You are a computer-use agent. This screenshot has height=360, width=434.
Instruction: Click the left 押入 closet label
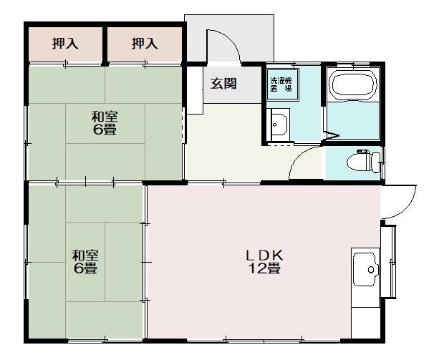(65, 44)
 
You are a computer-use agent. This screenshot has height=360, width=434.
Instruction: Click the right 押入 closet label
(144, 44)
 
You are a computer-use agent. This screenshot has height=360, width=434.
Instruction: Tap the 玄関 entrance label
(223, 83)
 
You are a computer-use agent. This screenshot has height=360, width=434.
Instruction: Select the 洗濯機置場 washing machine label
(281, 84)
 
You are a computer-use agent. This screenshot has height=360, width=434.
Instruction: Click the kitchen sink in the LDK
(365, 270)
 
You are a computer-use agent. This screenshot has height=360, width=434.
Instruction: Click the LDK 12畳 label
(264, 262)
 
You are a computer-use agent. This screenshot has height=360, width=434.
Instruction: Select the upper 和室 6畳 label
(104, 122)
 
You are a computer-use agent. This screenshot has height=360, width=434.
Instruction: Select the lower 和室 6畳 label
(85, 261)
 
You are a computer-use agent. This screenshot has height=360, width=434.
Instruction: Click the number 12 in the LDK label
(256, 269)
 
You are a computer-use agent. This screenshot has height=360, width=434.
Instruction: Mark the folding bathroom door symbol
(332, 135)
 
